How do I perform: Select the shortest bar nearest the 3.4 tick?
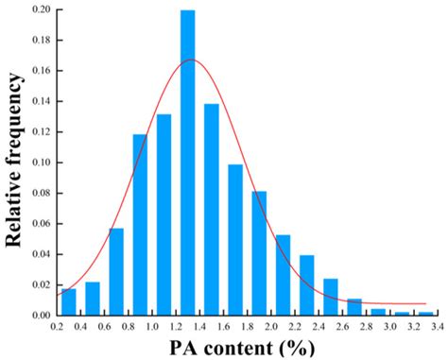coord(426,313)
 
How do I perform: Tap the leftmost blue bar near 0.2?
coord(68,301)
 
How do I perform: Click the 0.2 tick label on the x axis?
coord(57,327)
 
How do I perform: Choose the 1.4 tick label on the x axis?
coord(200,327)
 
